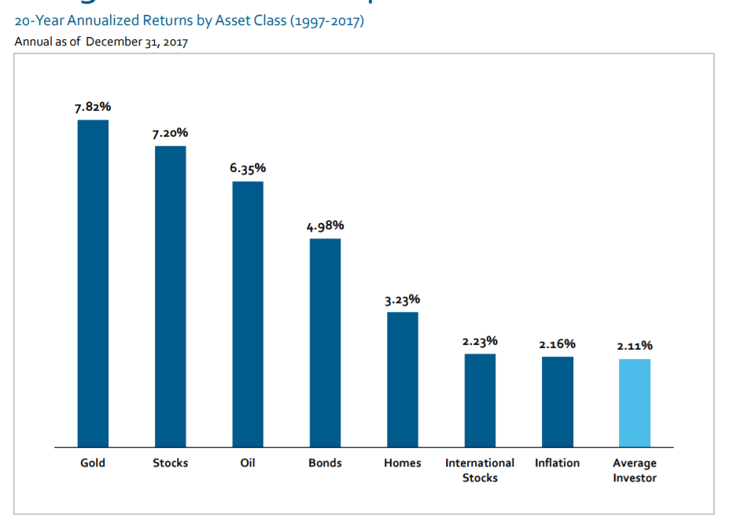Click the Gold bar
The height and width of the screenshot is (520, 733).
(93, 283)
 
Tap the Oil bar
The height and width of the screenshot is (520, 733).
(248, 314)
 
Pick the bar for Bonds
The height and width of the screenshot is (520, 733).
(325, 342)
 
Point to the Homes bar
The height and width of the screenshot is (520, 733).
(403, 379)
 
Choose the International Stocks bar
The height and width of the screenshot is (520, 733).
(480, 400)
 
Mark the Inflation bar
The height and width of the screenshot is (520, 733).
(558, 401)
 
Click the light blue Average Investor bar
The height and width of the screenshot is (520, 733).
(635, 403)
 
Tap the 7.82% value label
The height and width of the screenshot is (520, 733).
(93, 108)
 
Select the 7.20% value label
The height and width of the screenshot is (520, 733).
(171, 134)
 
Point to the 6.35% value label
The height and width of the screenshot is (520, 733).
(248, 169)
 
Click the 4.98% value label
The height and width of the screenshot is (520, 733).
(325, 226)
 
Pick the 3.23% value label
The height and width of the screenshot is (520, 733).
(403, 300)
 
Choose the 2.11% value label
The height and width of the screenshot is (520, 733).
(635, 346)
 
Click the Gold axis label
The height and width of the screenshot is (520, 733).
(93, 463)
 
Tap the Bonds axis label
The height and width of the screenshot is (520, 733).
(325, 463)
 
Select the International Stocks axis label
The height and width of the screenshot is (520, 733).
(480, 470)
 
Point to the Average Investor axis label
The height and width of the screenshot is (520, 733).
(635, 470)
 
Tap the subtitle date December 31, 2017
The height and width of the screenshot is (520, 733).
(137, 42)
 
